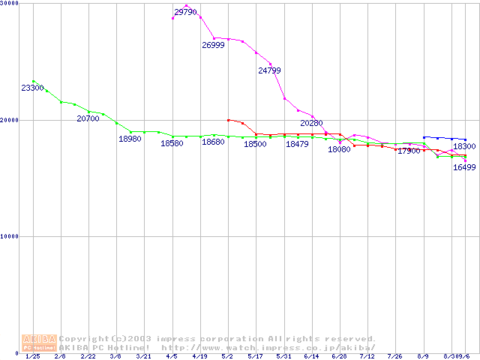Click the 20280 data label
click(x=311, y=122)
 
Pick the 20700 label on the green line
click(x=88, y=118)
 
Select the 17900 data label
click(x=409, y=151)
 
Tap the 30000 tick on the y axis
click(x=10, y=4)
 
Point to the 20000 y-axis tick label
click(x=10, y=120)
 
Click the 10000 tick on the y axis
click(x=10, y=236)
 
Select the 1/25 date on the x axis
click(x=33, y=357)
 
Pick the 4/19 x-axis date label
click(x=199, y=357)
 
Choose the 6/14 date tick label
click(x=311, y=357)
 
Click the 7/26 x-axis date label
click(x=394, y=357)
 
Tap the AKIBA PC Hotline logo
click(x=40, y=343)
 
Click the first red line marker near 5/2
click(x=228, y=119)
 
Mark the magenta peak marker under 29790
click(x=186, y=5)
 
